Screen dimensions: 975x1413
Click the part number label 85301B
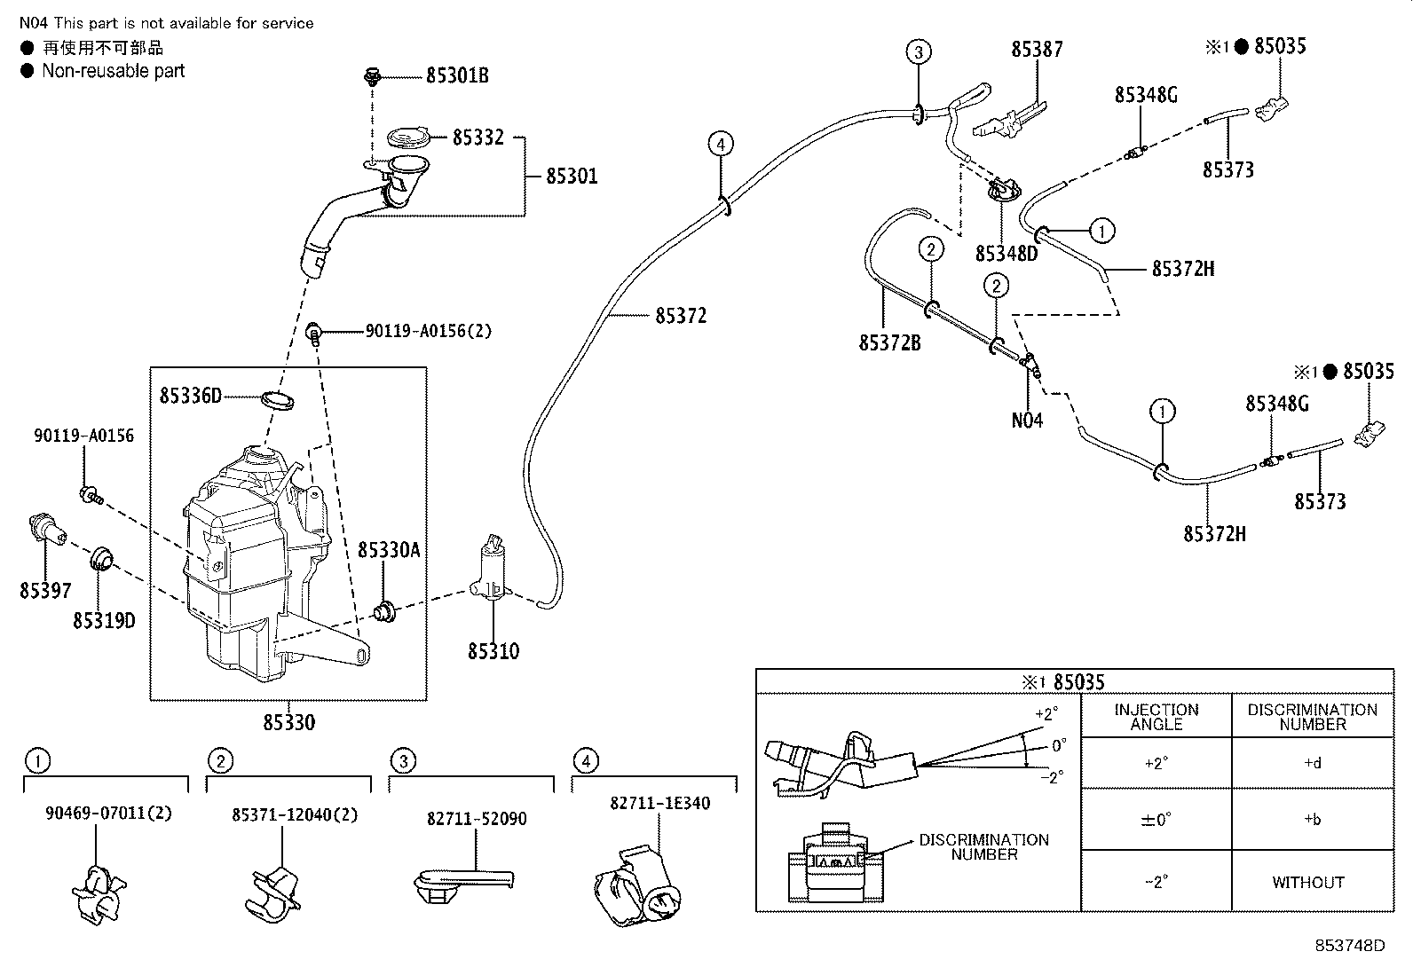456,76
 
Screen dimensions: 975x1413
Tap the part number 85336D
191,396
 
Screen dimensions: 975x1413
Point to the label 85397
45,590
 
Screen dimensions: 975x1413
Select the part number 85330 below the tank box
288,723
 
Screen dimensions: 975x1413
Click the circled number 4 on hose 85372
721,143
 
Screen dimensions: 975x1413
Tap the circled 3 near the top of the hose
919,52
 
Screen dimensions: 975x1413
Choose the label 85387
1037,50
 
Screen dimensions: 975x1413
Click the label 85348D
1006,254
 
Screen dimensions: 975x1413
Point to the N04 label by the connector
1027,421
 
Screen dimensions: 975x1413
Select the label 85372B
889,342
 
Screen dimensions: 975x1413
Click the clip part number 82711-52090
477,819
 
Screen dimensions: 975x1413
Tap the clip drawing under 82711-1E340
637,887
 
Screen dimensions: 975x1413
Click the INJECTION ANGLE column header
1156,717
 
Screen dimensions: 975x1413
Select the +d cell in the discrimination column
1312,763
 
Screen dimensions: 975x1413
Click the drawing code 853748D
1349,946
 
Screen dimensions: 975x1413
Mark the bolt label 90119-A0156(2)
428,332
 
